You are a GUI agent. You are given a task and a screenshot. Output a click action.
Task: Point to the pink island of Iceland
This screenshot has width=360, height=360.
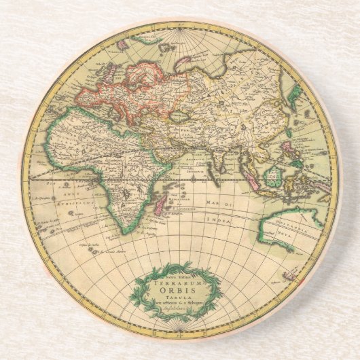coord(124,44)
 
